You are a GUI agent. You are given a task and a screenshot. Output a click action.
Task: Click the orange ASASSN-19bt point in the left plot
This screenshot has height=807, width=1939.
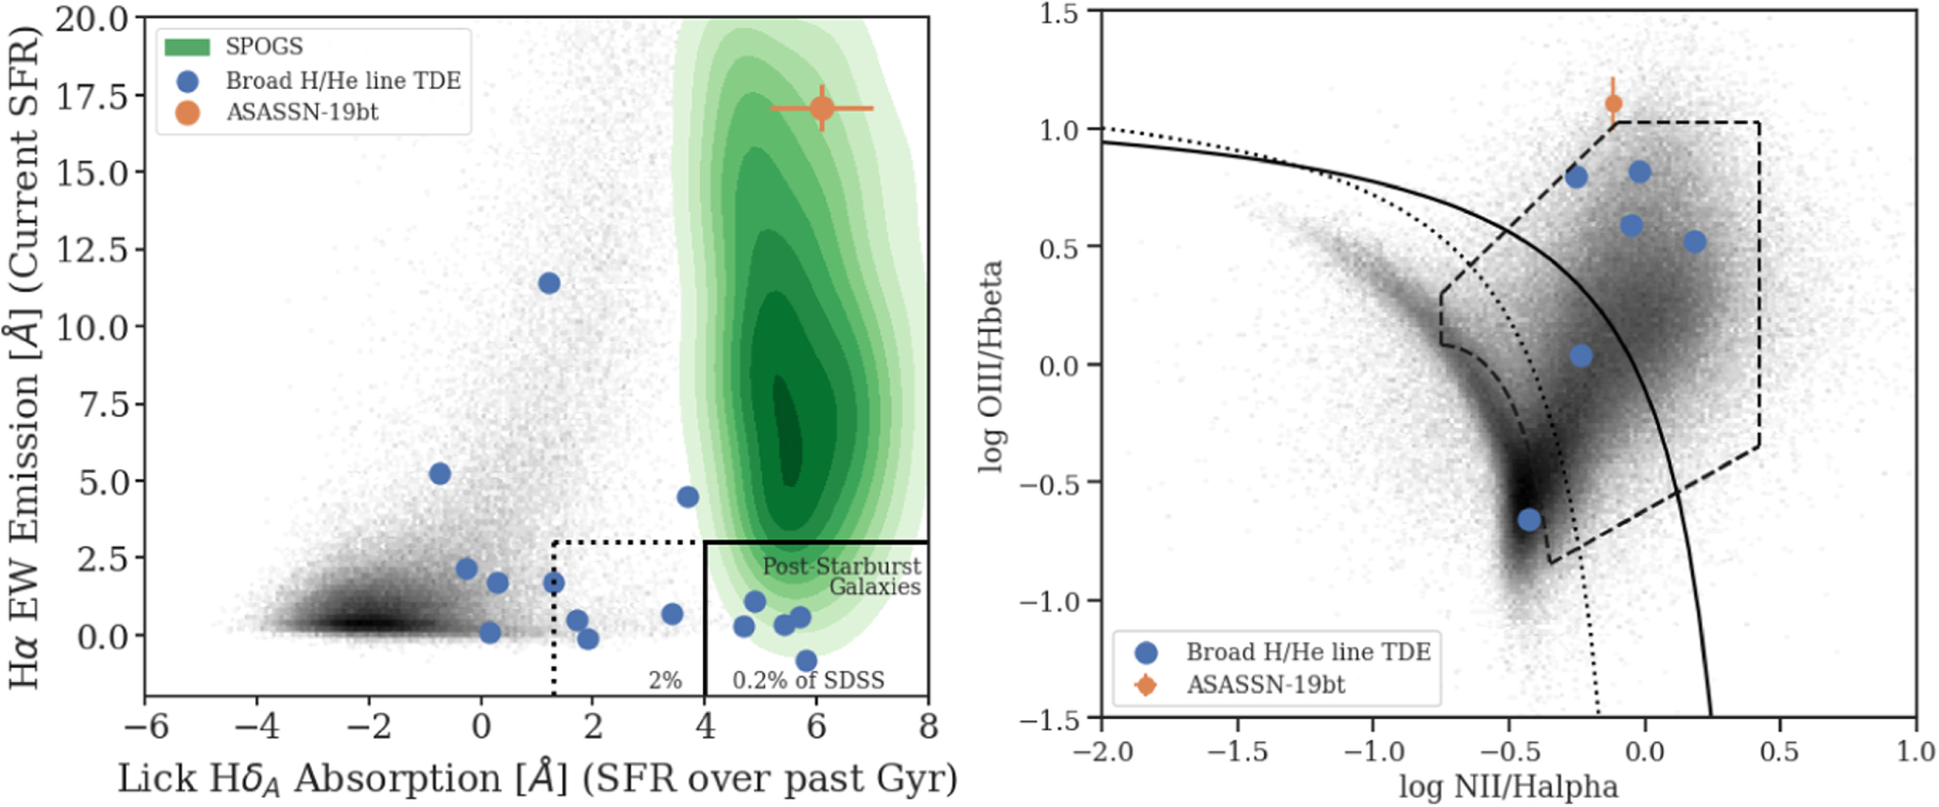821,109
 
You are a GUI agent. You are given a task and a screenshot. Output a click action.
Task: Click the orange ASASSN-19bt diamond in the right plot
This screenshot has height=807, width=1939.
1614,104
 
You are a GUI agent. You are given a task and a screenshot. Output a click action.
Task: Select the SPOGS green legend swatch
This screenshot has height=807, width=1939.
187,46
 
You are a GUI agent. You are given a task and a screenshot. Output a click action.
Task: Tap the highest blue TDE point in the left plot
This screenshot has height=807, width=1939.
549,283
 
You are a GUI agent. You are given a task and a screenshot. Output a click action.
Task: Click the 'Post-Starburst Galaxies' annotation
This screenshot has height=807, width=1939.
842,576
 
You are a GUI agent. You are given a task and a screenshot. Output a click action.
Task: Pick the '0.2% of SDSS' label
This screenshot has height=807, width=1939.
809,680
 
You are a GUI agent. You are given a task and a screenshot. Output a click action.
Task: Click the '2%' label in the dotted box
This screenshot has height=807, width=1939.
665,680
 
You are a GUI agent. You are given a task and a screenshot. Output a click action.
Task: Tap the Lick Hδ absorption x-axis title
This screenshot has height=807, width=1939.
536,779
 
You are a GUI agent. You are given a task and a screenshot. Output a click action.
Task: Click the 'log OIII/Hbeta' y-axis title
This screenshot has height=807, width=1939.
990,366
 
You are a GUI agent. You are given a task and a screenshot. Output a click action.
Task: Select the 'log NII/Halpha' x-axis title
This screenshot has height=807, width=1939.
1508,786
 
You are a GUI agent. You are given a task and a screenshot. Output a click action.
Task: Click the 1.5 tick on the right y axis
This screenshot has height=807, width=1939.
1059,13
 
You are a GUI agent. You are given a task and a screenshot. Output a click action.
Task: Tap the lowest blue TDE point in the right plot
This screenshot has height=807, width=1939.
1529,519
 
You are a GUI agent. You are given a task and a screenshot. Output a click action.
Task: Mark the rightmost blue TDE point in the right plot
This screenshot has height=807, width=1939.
1695,241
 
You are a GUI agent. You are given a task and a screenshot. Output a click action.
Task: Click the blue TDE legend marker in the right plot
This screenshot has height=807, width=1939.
1146,652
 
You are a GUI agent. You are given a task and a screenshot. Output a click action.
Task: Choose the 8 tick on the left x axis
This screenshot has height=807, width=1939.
928,727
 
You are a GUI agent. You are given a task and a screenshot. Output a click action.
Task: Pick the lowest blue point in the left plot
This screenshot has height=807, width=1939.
806,660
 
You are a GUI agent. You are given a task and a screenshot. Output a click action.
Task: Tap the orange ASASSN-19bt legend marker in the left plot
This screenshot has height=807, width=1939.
187,113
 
